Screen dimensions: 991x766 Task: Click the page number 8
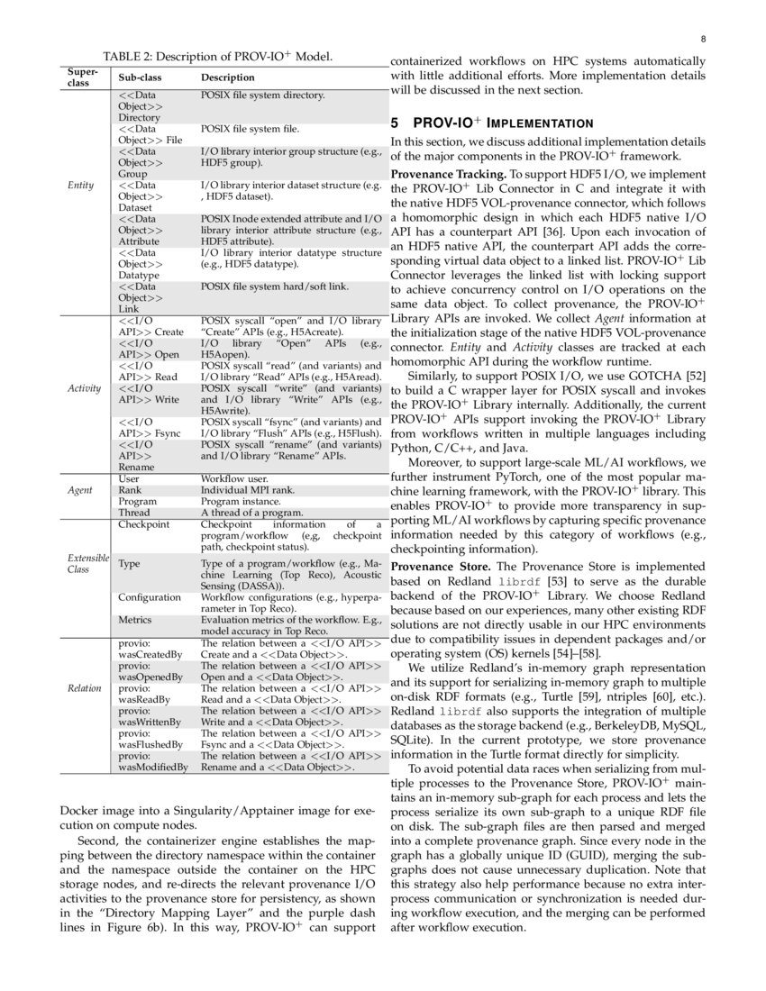(x=702, y=40)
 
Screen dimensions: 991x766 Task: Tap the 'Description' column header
(x=227, y=78)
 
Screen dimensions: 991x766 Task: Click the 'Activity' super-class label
(x=84, y=389)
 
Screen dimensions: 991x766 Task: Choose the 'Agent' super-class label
(x=80, y=491)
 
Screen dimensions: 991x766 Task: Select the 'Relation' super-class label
(x=85, y=687)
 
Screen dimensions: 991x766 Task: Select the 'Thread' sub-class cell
(x=134, y=512)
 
